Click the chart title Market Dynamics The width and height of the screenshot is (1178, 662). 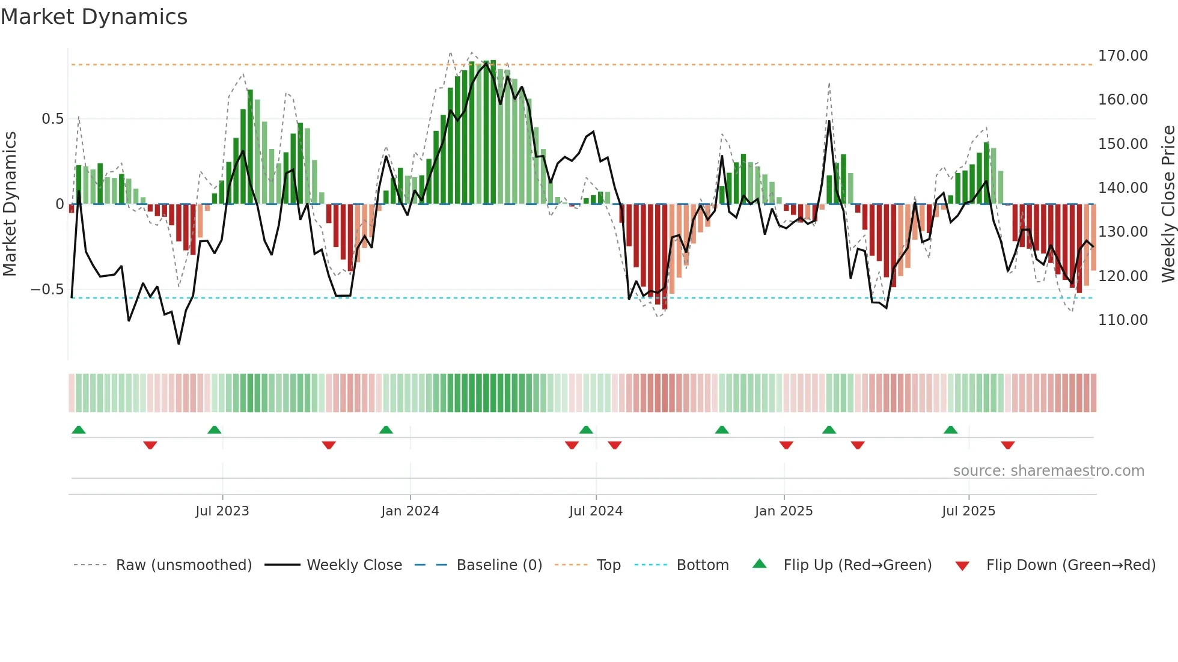pos(94,17)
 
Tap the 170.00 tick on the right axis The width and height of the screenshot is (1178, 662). pos(1122,56)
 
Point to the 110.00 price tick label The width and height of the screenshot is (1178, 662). pos(1122,320)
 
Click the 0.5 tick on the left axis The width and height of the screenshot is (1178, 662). pos(52,119)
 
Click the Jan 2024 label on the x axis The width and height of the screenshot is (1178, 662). pos(410,511)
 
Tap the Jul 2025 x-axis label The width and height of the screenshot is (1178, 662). pos(968,511)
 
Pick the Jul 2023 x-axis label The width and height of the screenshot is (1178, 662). pos(222,511)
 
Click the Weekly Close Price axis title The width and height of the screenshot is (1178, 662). pos(1168,204)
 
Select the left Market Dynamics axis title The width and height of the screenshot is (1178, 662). pos(10,204)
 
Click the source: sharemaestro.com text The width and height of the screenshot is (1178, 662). pos(1048,471)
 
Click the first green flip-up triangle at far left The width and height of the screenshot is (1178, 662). pos(79,430)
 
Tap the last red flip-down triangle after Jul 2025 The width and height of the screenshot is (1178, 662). pos(1008,445)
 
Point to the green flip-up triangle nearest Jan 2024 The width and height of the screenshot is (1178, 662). pos(386,430)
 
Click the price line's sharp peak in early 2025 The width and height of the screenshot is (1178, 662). pos(829,121)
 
